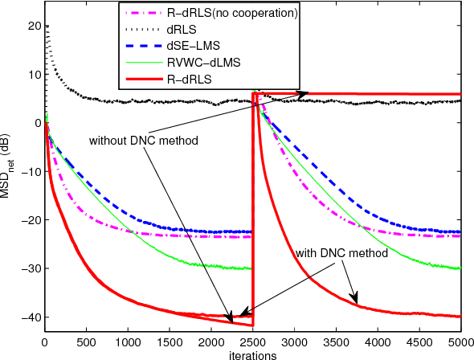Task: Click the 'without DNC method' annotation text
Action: click(143, 140)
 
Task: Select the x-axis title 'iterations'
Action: click(252, 354)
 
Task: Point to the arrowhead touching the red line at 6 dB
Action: click(304, 94)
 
